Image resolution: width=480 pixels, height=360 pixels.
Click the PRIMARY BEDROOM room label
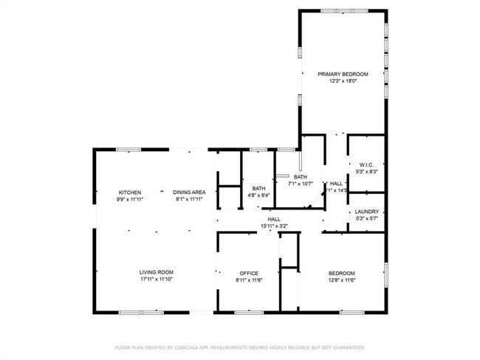point(342,75)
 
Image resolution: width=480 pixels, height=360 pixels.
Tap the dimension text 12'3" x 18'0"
point(342,81)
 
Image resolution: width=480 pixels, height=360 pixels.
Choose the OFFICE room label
point(248,273)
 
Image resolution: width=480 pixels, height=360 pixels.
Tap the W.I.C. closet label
point(366,165)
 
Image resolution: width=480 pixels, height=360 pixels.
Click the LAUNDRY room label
point(366,212)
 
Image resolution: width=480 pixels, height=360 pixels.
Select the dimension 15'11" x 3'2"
point(273,226)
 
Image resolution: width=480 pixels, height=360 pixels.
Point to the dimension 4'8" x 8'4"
point(258,195)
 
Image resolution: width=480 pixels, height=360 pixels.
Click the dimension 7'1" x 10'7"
point(301,184)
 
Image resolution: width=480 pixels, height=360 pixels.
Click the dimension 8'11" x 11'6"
point(248,280)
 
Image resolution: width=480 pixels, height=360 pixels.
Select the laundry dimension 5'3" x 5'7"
point(366,218)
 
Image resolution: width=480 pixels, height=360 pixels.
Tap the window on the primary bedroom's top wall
point(342,10)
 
